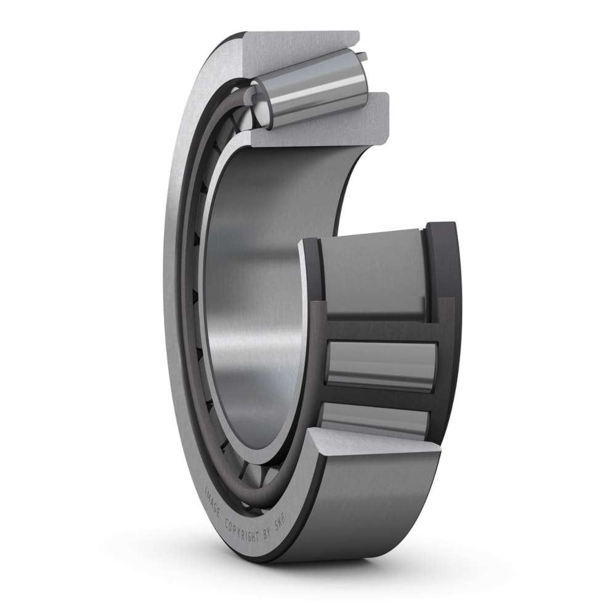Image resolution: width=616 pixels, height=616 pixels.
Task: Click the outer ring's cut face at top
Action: [302, 52]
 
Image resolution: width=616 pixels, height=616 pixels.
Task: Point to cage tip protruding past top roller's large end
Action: [363, 57]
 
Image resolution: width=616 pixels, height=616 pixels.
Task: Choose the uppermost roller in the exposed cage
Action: [370, 271]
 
